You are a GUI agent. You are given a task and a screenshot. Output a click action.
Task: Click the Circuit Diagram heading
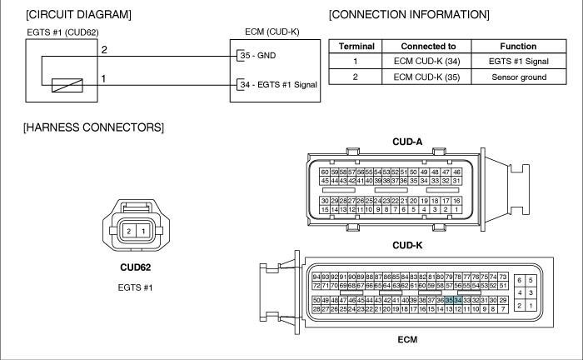[78, 14]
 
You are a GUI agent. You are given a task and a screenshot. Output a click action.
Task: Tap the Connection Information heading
[409, 14]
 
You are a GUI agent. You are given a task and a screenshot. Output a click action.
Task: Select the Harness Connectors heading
[93, 127]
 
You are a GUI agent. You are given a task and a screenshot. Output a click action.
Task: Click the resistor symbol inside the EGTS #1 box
[67, 86]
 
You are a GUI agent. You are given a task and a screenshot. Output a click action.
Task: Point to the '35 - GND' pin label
[258, 55]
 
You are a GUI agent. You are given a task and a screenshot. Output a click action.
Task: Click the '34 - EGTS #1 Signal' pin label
[278, 85]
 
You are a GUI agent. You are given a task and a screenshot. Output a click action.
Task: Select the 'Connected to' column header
[428, 47]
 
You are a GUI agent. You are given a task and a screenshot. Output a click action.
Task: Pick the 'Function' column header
[518, 47]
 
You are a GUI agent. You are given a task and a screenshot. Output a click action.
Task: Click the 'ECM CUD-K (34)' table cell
[426, 62]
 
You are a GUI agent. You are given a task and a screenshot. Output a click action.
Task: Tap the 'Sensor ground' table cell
[519, 77]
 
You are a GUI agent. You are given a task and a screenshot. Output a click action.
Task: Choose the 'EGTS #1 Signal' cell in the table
[519, 62]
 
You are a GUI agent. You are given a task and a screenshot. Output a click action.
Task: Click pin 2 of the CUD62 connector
[128, 232]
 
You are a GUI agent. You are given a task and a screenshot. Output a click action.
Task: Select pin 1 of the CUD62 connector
[143, 232]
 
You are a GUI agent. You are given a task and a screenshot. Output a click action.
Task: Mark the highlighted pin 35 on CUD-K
[449, 300]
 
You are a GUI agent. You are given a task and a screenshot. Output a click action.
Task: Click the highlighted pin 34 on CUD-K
[458, 300]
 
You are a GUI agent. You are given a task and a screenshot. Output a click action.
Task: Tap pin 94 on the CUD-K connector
[316, 277]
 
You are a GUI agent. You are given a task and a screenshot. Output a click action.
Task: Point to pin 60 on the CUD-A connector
[325, 172]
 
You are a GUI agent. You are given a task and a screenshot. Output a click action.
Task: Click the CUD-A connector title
[407, 142]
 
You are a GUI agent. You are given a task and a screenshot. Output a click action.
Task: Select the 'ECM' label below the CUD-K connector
[407, 339]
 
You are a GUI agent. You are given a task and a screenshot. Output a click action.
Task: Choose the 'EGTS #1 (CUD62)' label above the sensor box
[62, 32]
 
